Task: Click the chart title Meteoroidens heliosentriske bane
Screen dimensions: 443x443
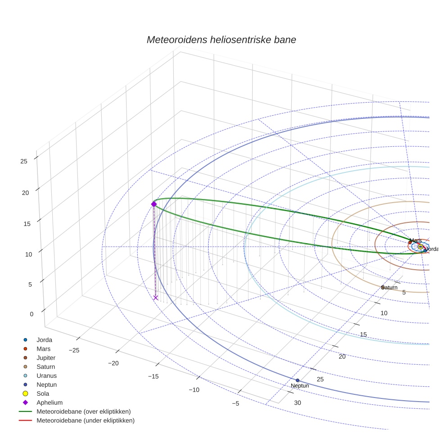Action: point(221,40)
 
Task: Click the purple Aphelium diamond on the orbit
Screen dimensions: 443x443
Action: point(154,204)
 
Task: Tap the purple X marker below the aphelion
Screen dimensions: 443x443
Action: point(156,298)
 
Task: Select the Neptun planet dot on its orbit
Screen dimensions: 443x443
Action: point(298,380)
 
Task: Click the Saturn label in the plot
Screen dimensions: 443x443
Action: point(389,287)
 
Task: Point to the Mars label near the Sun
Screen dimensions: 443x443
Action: point(416,240)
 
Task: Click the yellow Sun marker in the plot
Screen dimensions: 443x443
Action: point(420,247)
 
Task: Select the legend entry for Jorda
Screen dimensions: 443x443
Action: point(44,339)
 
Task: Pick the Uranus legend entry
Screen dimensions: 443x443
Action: point(46,375)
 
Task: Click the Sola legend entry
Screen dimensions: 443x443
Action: point(43,393)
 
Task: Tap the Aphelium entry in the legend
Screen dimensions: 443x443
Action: point(50,402)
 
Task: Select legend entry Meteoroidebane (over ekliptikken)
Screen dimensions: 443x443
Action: point(84,411)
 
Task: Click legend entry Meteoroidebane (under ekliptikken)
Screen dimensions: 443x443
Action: point(86,420)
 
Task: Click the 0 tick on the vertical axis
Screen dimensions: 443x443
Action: point(32,314)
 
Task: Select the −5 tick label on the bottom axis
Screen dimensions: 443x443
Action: point(235,403)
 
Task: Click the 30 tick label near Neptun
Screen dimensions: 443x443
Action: point(298,402)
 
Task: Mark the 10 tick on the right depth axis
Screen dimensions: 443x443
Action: point(384,313)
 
